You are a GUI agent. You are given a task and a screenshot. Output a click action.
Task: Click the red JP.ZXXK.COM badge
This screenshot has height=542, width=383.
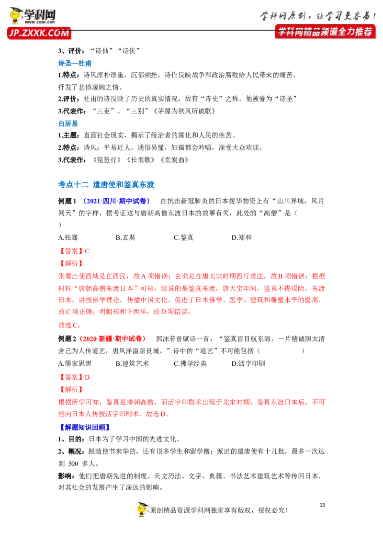point(39,33)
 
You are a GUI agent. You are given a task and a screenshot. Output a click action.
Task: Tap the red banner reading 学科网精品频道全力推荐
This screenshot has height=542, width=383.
point(325,32)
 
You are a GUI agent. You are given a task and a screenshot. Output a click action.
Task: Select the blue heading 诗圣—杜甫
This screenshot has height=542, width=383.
point(75,63)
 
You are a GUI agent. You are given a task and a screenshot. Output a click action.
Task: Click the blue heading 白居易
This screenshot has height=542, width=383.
point(68,124)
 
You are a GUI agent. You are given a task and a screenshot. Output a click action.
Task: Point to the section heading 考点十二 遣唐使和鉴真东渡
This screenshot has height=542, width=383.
point(106,185)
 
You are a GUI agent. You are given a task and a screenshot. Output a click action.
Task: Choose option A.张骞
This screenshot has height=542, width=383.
point(68,237)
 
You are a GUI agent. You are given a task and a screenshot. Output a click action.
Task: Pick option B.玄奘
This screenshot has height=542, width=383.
point(125,237)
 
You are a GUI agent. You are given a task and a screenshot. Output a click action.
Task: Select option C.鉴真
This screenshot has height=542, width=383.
point(183,237)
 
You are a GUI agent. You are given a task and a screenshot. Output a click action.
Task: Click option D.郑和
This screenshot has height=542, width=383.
point(242,237)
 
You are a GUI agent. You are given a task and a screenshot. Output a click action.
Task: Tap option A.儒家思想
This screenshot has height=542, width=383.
point(75,363)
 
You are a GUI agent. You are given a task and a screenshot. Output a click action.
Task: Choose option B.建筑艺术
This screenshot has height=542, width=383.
point(133,363)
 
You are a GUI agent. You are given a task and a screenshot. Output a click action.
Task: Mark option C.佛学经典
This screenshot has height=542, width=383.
point(190,363)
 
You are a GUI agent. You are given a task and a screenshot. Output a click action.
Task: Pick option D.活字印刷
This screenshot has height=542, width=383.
point(248,363)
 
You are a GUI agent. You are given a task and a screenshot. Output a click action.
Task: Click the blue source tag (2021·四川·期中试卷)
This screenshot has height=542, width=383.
point(116,201)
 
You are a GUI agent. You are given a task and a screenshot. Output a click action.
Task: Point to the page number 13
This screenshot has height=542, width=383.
point(322,505)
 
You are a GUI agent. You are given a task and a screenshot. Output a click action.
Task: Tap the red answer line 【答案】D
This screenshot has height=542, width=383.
point(74,377)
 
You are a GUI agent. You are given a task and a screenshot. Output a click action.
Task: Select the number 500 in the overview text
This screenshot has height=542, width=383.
point(73,463)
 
